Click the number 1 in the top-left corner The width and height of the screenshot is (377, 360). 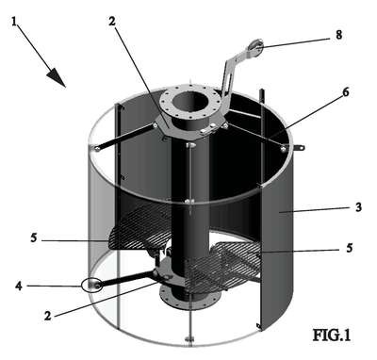14,22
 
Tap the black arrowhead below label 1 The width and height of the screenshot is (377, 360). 57,78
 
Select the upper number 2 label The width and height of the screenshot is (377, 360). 112,22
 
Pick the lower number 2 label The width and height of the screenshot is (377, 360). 48,315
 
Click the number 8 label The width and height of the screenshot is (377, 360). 338,35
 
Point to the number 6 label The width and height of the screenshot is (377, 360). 346,92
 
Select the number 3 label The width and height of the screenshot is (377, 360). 358,207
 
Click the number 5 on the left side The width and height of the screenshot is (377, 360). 34,237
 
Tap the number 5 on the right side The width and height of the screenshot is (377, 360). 350,248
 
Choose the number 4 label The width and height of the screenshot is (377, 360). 19,286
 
